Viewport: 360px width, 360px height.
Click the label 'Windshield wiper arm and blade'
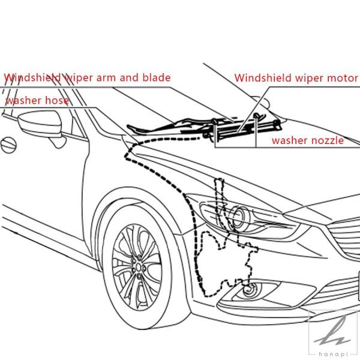pos(87,77)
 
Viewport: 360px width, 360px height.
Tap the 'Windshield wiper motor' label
pos(296,78)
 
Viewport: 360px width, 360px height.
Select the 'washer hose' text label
pos(37,101)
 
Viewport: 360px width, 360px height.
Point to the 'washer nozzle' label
pos(308,140)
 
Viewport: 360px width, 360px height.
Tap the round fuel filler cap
pos(8,145)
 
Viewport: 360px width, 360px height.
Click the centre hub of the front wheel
pos(139,267)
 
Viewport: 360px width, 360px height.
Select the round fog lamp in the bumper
pos(250,290)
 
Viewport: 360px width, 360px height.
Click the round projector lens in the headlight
pos(239,217)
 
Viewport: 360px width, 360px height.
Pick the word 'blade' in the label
pos(157,77)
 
